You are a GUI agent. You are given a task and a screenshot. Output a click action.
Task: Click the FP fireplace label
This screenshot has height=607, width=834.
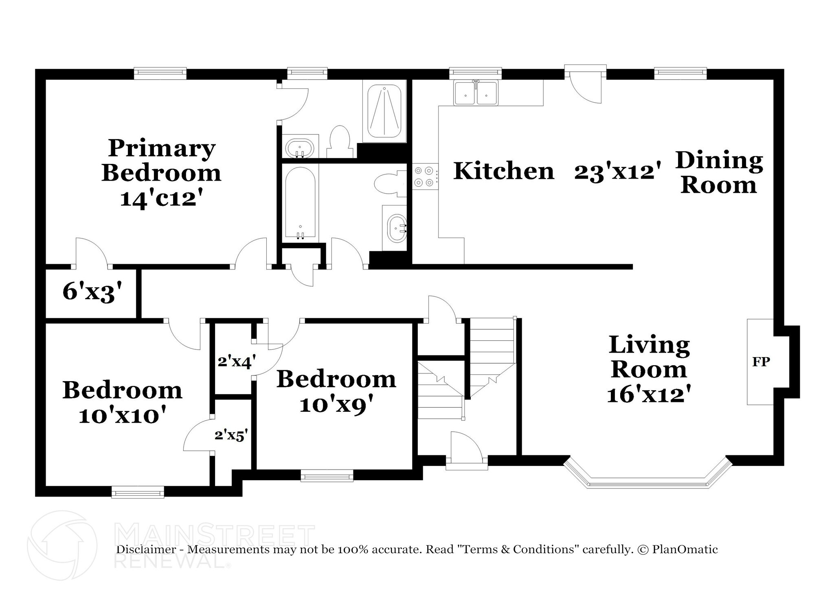[761, 362]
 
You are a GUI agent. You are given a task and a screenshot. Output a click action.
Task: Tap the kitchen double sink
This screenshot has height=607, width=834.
[476, 93]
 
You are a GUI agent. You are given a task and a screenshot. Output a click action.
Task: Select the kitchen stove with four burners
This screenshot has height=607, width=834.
[425, 177]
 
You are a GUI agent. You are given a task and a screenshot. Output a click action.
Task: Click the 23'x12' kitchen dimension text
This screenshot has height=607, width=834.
[617, 172]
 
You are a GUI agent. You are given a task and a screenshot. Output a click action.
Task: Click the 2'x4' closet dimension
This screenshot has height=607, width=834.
[237, 361]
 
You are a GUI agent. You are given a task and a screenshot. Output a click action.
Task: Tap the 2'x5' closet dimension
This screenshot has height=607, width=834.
[231, 436]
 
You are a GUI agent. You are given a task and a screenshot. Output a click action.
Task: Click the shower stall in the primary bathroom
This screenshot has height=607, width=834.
[384, 111]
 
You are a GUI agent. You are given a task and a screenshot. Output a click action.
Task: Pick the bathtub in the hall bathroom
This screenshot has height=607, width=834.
[301, 203]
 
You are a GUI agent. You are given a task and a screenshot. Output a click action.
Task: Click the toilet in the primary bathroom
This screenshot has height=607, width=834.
[340, 141]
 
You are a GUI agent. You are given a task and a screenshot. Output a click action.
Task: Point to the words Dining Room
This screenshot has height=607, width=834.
[719, 172]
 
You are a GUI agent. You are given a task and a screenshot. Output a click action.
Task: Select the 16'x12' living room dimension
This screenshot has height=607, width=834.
[649, 394]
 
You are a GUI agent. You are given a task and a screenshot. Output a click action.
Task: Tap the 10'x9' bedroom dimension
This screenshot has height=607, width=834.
[336, 404]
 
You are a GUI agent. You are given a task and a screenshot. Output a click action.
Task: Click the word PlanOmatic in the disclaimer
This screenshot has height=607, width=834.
[685, 550]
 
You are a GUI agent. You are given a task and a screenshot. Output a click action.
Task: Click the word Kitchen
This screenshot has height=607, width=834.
[504, 170]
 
